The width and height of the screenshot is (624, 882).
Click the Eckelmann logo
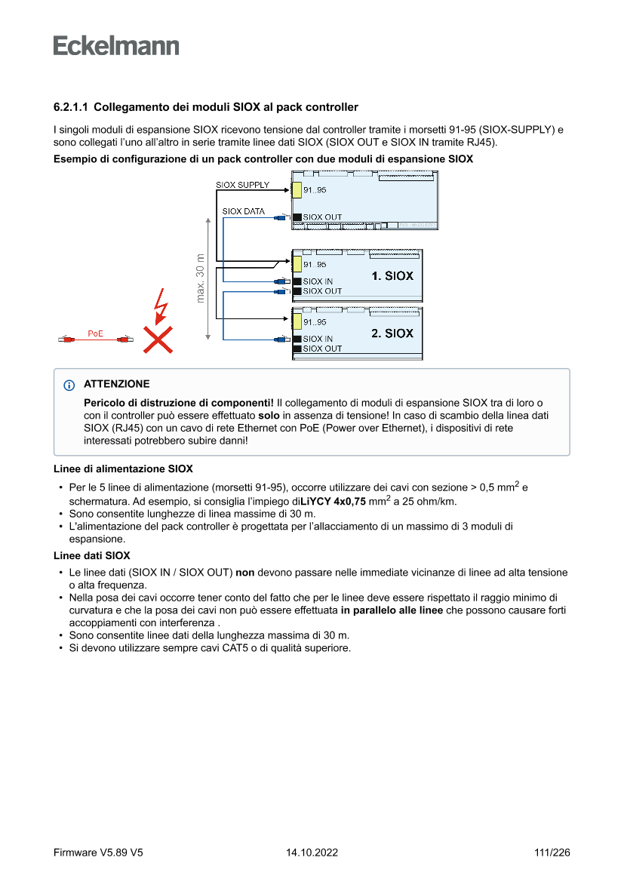point(116,45)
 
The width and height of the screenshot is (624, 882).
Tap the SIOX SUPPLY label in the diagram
point(242,185)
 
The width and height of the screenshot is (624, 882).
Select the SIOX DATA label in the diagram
point(243,212)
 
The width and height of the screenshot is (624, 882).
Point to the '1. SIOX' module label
point(392,276)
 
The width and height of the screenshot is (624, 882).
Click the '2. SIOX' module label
point(392,333)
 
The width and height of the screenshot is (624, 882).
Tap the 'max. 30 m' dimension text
point(201,278)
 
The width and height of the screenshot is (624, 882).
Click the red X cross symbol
point(157,340)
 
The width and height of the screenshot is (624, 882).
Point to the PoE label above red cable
point(95,333)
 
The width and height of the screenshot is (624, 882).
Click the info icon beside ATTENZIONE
point(70,384)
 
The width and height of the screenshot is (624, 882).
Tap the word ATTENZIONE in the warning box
point(117,384)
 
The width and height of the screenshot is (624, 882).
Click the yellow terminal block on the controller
point(297,190)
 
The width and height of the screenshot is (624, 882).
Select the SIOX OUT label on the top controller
point(322,217)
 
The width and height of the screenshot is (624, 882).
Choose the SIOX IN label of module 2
point(318,340)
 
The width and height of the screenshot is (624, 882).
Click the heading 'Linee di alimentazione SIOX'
point(123,469)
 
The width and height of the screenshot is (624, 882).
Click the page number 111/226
point(552,853)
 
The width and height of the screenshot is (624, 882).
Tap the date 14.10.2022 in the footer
point(312,853)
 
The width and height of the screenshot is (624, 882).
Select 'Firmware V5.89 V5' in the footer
point(98,853)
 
